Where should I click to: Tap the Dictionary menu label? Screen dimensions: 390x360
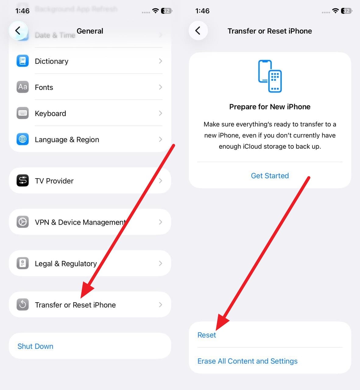tap(51, 61)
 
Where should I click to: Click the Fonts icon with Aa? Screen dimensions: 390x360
tap(23, 87)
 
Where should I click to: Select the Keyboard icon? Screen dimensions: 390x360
tap(23, 113)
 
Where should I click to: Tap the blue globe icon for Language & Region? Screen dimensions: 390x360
tap(23, 139)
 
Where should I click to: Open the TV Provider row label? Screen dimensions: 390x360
tap(54, 181)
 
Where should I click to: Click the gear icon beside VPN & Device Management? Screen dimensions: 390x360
tap(23, 222)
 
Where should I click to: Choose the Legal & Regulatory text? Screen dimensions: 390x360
tap(66, 264)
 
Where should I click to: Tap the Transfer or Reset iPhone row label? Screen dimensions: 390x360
tap(75, 305)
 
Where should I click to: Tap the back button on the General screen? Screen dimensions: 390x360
tap(18, 30)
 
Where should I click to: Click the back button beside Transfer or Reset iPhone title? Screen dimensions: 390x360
tap(198, 30)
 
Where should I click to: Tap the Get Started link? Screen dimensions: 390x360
tap(270, 176)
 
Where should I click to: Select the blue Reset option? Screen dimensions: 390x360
tap(206, 335)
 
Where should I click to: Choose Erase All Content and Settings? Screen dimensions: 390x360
tap(247, 361)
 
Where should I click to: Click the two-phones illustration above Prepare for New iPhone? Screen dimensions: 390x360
tap(270, 76)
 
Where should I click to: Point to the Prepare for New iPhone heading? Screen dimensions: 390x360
tap(270, 107)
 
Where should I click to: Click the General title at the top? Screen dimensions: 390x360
tap(90, 31)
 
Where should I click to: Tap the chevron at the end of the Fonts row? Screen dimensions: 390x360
tap(161, 87)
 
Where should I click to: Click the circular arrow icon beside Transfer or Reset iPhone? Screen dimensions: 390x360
tap(23, 304)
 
